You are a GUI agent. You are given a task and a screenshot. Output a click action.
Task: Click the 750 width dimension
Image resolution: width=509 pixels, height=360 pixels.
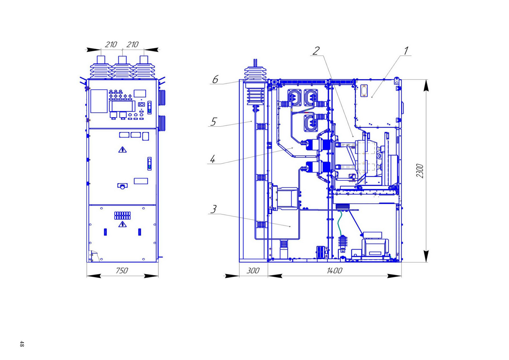tap(122, 271)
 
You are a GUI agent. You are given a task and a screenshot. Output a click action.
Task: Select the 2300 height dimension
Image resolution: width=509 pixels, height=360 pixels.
tap(420, 171)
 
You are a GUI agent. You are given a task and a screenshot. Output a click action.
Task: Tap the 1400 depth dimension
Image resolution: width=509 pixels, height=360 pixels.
tap(334, 271)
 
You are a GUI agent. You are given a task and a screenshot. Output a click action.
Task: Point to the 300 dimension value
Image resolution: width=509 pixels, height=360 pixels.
tap(253, 271)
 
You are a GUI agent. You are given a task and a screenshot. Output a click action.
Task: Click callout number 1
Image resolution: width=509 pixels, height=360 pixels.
tap(406, 51)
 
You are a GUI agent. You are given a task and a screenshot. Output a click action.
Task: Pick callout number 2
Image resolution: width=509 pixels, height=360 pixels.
tap(316, 51)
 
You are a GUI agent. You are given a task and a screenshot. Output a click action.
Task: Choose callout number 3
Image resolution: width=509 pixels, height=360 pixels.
tap(214, 209)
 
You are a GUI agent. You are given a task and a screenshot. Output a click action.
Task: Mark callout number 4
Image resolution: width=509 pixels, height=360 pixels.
tap(213, 159)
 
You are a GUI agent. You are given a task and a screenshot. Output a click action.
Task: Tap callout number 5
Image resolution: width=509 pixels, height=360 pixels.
tap(214, 121)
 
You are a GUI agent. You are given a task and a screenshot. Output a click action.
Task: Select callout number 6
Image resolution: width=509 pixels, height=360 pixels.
tap(215, 79)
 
